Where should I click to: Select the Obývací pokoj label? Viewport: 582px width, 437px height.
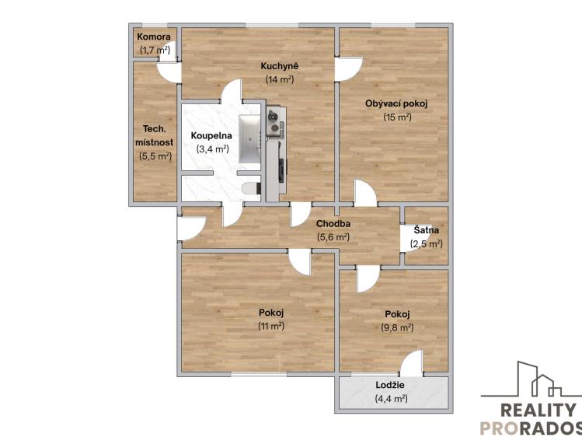tap(396, 103)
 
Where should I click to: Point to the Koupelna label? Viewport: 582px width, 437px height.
tap(211, 135)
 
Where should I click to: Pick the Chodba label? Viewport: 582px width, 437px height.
tap(332, 224)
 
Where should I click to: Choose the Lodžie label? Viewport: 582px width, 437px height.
tap(390, 386)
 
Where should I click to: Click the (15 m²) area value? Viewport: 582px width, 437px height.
tap(396, 117)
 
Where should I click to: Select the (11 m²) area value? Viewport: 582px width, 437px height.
tap(271, 327)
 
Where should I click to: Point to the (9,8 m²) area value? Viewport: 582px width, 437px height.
tap(396, 327)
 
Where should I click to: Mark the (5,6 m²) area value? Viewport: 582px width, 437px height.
tap(332, 237)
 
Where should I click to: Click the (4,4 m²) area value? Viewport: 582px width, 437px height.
tap(390, 399)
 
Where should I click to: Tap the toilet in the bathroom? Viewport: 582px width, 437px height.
tap(249, 188)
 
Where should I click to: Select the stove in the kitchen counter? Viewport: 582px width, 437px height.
tap(274, 123)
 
